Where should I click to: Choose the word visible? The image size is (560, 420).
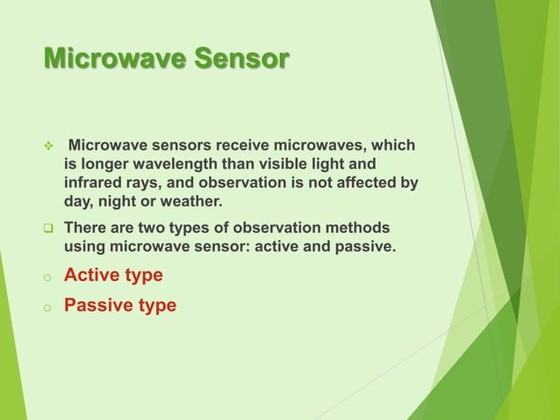(x=280, y=164)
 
